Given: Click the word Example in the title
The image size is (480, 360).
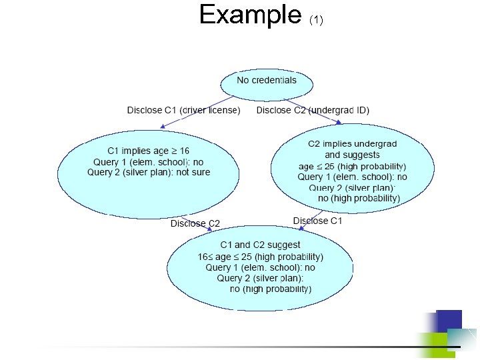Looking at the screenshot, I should [250, 15].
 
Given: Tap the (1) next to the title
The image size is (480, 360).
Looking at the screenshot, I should [316, 20].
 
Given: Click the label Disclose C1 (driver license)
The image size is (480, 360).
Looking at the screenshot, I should [184, 110].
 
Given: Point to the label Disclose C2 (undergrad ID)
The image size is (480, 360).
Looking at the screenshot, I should [313, 110].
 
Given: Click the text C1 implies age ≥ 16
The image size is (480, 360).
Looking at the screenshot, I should [149, 151].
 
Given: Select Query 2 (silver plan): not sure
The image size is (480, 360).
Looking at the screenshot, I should [149, 172].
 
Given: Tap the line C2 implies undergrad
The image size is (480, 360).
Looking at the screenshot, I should [352, 144].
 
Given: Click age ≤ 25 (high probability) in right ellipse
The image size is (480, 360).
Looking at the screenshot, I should [352, 166].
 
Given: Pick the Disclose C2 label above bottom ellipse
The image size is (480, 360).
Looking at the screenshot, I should [195, 223].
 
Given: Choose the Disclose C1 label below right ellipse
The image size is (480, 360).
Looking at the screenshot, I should [317, 221].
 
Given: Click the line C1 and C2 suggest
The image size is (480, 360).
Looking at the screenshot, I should [261, 245].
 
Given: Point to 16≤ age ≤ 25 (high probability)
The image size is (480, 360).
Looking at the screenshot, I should [261, 257].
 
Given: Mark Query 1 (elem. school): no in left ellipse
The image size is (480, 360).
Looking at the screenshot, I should [149, 161].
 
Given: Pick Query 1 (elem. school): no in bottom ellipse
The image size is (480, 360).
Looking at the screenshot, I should [261, 267].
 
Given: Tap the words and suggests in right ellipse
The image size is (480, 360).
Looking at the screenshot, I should [352, 155].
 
